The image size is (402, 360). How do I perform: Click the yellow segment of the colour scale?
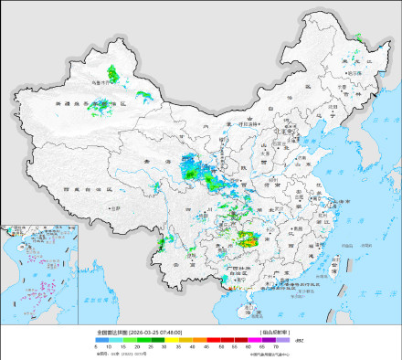(x=183, y=339)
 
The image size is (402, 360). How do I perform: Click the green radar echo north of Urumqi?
(x=112, y=70)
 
